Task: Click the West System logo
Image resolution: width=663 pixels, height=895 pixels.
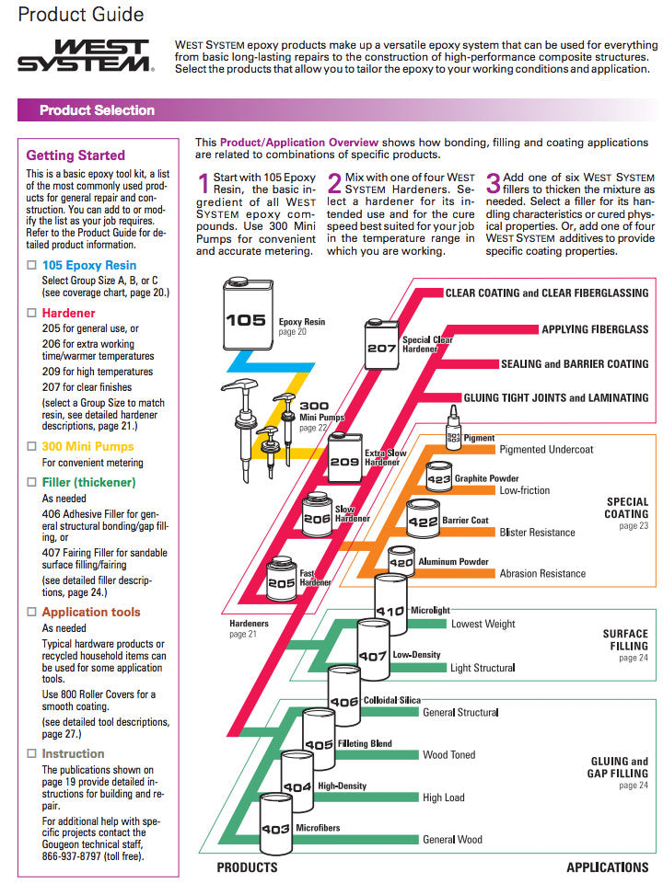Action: [x=85, y=55]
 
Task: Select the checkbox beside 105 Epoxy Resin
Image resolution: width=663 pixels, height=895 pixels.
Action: [x=31, y=266]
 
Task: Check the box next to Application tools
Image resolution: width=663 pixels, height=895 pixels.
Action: [x=31, y=612]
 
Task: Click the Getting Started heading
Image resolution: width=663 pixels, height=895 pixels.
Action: [x=76, y=155]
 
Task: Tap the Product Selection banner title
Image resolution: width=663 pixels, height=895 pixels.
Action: [x=97, y=110]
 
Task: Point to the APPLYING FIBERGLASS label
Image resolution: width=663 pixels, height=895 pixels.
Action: [x=594, y=329]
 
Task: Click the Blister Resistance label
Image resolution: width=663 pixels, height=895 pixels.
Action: [x=537, y=533]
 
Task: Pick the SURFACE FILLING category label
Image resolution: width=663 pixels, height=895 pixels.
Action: [x=625, y=639]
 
